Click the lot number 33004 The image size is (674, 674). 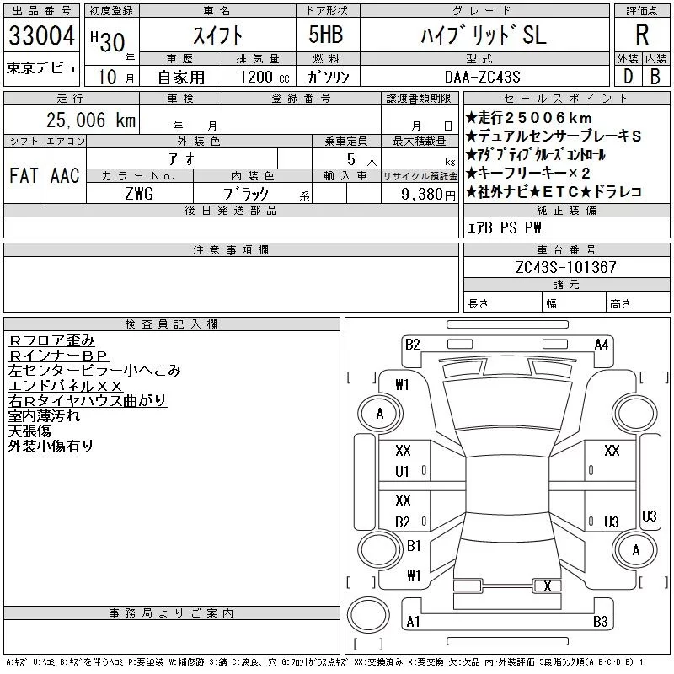41,35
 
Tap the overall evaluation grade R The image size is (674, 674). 641,35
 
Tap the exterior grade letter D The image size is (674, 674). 627,76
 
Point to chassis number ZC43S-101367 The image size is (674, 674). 566,267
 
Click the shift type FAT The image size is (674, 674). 24,175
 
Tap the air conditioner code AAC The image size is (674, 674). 65,175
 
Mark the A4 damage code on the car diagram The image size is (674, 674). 601,344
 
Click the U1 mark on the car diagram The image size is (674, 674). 403,472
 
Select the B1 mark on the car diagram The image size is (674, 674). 414,546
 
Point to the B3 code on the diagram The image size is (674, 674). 600,622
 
